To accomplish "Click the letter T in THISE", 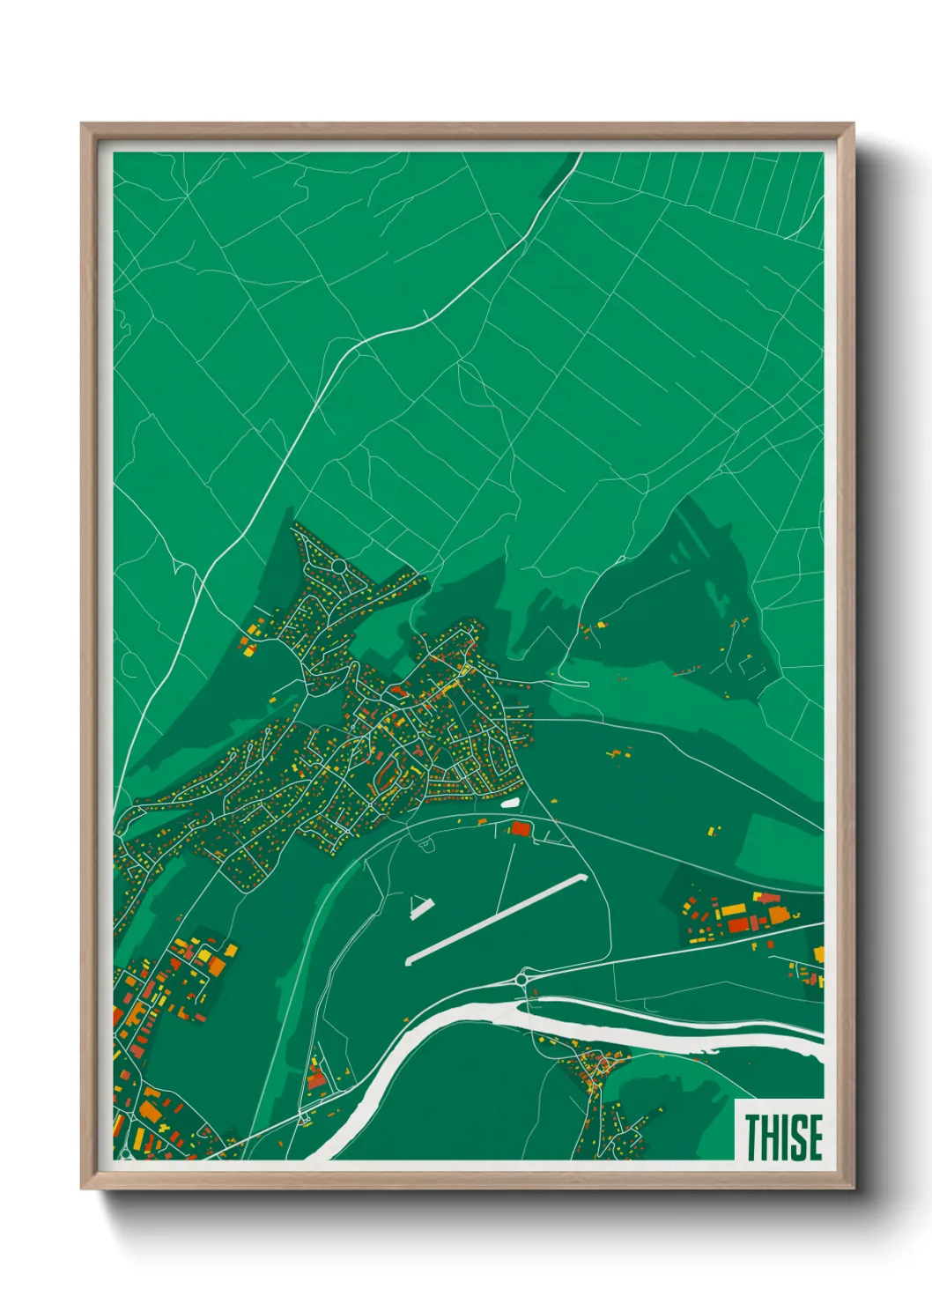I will click(753, 1137).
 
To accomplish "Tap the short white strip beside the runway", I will click(422, 908).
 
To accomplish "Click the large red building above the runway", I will click(520, 828).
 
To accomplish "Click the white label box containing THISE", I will click(780, 1130).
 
